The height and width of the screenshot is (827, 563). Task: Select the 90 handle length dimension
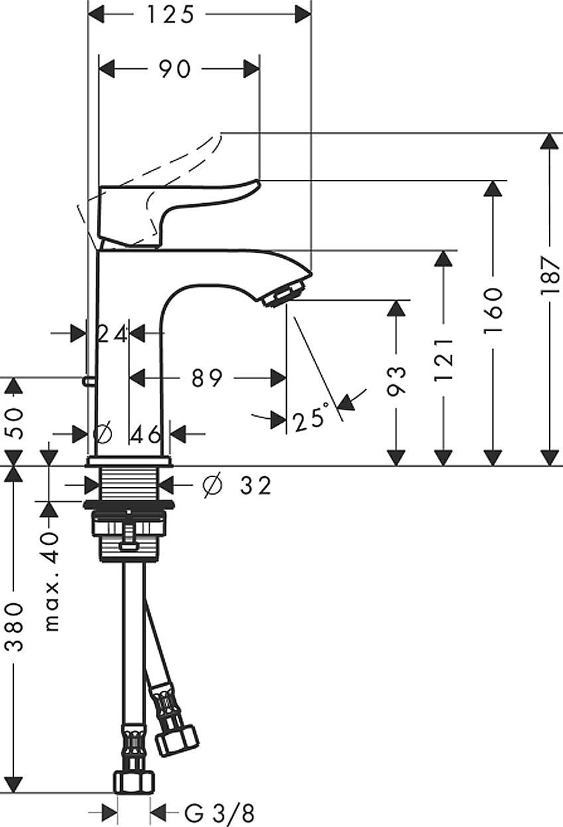(175, 68)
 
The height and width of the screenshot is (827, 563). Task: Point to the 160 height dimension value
(492, 302)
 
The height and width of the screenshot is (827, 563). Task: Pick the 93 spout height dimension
(396, 380)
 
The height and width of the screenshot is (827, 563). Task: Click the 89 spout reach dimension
(206, 378)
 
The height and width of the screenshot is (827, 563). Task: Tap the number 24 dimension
(112, 334)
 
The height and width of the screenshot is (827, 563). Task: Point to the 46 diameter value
(145, 435)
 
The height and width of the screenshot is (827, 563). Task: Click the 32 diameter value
(256, 486)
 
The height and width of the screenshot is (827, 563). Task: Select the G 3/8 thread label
(219, 812)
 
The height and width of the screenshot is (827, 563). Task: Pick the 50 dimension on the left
(15, 421)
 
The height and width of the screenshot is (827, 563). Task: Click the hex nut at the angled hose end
(177, 739)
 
